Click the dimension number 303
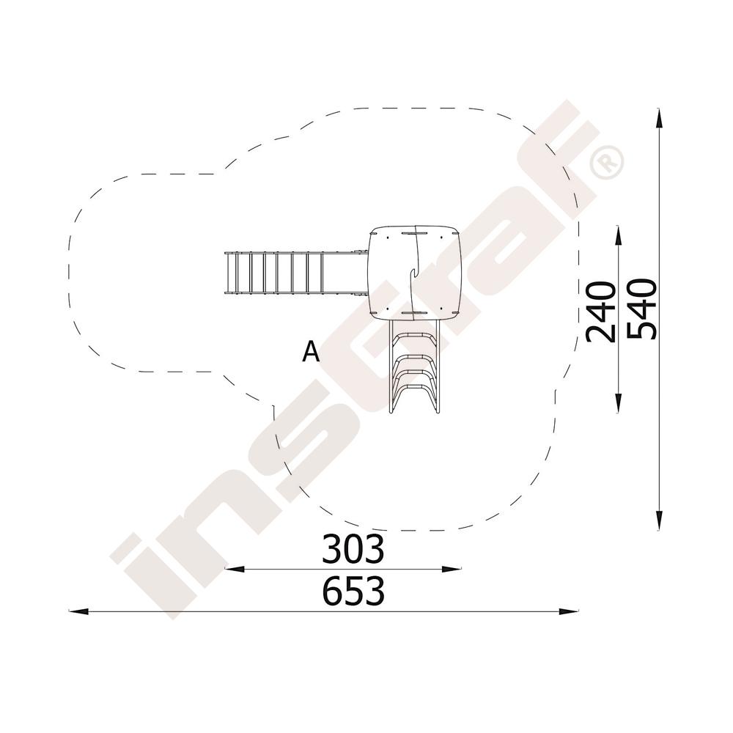[x=353, y=549]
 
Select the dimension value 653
[x=353, y=591]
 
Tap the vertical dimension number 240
[x=601, y=312]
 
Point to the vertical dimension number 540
[x=642, y=309]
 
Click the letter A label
[x=311, y=352]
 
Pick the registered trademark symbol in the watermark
[x=607, y=162]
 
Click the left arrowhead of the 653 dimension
[x=78, y=611]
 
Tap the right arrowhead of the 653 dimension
[x=569, y=611]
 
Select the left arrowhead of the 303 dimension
[x=235, y=569]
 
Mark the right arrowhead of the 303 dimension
[x=452, y=569]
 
